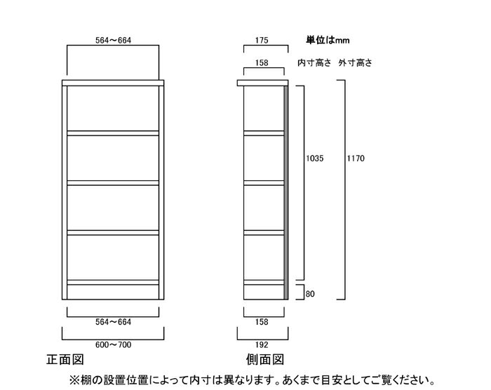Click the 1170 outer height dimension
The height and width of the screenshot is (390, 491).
[356, 159]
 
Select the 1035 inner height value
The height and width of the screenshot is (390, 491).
[315, 159]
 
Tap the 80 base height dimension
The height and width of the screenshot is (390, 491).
[310, 294]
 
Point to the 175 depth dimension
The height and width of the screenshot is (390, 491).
[262, 40]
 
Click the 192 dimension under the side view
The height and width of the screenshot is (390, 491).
[262, 345]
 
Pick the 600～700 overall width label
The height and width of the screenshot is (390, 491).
[114, 345]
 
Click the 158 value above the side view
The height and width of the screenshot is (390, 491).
[262, 62]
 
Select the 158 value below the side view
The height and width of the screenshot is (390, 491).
[262, 322]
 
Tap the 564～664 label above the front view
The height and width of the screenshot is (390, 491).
[114, 40]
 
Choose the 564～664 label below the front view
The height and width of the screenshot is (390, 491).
[114, 322]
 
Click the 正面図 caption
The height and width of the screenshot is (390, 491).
[65, 360]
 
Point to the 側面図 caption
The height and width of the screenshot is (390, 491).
[265, 360]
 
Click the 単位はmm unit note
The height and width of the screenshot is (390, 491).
[328, 40]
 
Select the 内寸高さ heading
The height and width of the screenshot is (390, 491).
[314, 62]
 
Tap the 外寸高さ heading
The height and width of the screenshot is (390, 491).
[355, 62]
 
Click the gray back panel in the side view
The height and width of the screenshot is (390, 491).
[286, 193]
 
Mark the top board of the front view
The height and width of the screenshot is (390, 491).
[113, 83]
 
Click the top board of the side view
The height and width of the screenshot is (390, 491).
[262, 83]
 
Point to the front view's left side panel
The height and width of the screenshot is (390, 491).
[65, 193]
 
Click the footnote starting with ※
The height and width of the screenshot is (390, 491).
[253, 380]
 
